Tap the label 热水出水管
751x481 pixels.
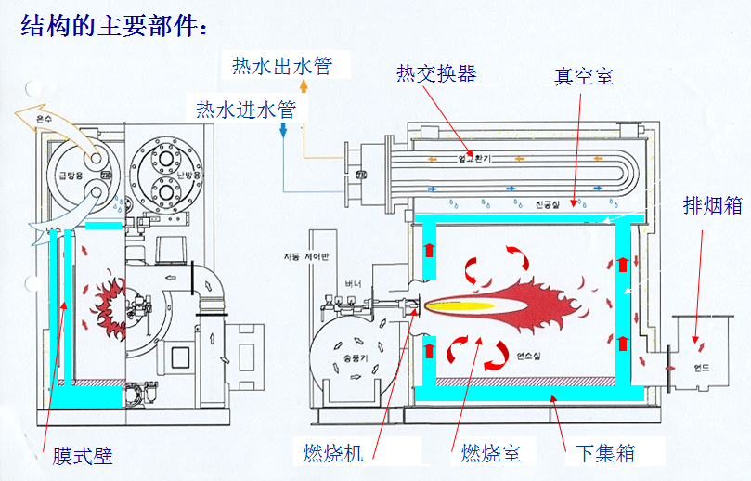(281, 66)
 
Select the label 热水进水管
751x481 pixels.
(245, 109)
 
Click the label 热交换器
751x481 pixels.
(435, 72)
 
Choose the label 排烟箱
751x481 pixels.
(712, 205)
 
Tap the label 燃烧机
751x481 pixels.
(333, 453)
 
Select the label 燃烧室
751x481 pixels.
(490, 453)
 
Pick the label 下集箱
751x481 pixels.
(605, 453)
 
